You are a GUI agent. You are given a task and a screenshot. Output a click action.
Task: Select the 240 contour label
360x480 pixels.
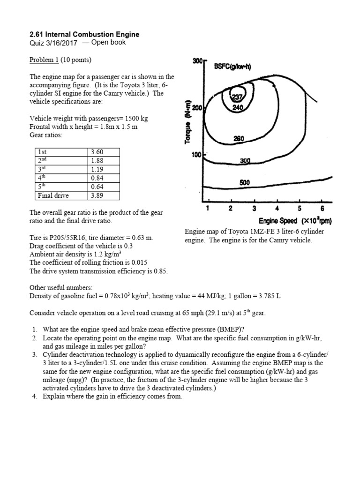click(x=238, y=107)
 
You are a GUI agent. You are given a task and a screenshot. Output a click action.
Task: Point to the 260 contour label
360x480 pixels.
click(x=239, y=139)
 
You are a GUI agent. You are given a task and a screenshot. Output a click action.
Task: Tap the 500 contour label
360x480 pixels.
click(x=245, y=182)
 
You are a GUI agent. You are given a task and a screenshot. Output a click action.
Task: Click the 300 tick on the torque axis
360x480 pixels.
click(x=197, y=61)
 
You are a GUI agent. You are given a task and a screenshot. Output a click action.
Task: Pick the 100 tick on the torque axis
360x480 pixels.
click(x=196, y=155)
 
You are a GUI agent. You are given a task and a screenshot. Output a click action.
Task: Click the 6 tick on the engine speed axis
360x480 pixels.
click(x=322, y=209)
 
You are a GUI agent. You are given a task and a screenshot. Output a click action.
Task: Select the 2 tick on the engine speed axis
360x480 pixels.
click(x=231, y=209)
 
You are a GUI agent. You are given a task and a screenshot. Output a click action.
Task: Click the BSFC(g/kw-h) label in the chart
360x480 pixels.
click(x=232, y=67)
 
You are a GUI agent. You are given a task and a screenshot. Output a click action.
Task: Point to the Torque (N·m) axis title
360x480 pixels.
click(x=187, y=122)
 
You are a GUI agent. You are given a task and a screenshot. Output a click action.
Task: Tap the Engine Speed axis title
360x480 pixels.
click(x=295, y=221)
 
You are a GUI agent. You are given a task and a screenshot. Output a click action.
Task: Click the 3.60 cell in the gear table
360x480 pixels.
click(x=97, y=152)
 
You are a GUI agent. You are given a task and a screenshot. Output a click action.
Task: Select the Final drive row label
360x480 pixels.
click(x=53, y=195)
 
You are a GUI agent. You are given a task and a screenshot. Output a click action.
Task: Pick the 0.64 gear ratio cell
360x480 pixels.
click(x=97, y=187)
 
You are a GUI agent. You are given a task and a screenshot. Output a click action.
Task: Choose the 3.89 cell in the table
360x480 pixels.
click(x=97, y=195)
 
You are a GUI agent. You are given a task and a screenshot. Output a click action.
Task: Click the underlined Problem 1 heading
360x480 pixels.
click(x=44, y=60)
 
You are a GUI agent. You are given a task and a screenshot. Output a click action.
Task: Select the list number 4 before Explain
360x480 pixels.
click(x=35, y=397)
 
